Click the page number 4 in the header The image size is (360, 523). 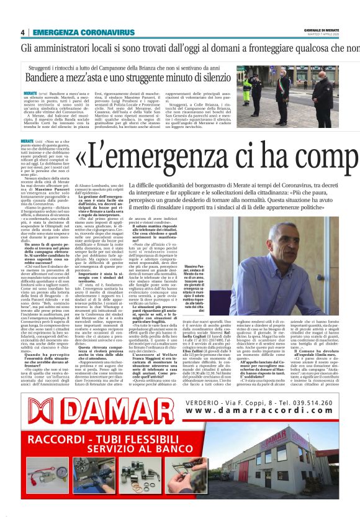[x=22, y=32]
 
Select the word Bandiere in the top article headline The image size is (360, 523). [x=45, y=79]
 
